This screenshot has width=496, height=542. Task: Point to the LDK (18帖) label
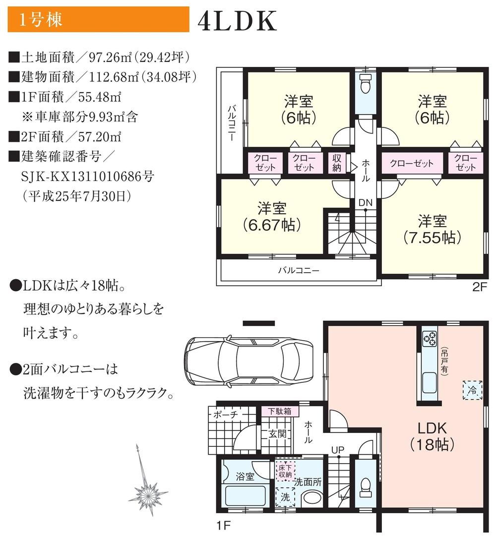pyautogui.click(x=432, y=436)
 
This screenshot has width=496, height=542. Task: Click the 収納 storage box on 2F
pyautogui.click(x=337, y=163)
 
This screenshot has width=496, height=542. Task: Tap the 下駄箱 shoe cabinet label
pyautogui.click(x=280, y=411)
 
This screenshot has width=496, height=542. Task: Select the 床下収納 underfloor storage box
pyautogui.click(x=285, y=471)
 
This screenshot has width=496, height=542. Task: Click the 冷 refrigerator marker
pyautogui.click(x=472, y=390)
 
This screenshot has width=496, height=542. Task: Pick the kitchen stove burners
pyautogui.click(x=429, y=339)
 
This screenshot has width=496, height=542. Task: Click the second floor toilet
pyautogui.click(x=366, y=86)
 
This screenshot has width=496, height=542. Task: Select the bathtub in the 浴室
pyautogui.click(x=246, y=495)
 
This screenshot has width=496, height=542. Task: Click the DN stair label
pyautogui.click(x=366, y=203)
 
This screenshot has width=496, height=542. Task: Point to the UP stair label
pyautogui.click(x=338, y=450)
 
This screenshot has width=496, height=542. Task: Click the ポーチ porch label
pyautogui.click(x=227, y=414)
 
